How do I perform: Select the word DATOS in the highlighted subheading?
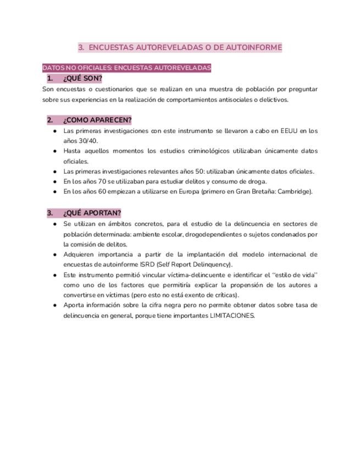click(x=53, y=68)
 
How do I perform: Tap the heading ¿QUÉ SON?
click(x=82, y=79)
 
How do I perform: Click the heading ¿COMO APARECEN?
click(x=97, y=120)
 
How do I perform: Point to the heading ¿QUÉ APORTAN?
click(x=92, y=213)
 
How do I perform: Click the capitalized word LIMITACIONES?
click(x=232, y=316)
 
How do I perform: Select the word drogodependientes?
click(x=212, y=234)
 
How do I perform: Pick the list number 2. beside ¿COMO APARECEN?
click(x=50, y=120)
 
